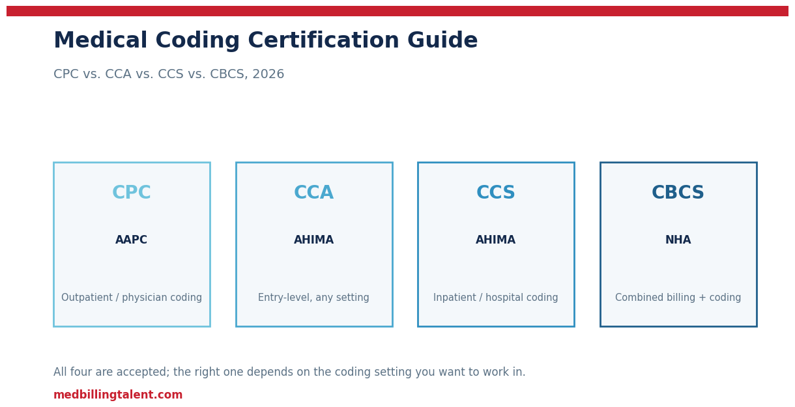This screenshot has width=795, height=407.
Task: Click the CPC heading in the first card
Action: [132, 193]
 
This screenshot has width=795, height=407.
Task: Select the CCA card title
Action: [313, 193]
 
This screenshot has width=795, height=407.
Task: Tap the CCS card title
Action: [495, 193]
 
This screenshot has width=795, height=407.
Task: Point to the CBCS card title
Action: [678, 193]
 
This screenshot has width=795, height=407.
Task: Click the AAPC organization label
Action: [131, 240]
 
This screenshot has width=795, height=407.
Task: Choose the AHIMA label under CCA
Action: [313, 240]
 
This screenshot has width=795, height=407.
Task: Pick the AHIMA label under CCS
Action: [495, 240]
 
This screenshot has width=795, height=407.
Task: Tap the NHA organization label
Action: [678, 240]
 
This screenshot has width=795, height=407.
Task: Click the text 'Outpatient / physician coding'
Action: [132, 298]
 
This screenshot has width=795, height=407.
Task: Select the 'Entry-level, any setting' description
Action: [313, 298]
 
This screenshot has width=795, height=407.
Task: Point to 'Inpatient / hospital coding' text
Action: [495, 298]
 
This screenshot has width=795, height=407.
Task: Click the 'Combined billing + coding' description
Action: [678, 298]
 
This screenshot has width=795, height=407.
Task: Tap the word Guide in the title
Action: [442, 40]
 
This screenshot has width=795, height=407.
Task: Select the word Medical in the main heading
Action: [100, 40]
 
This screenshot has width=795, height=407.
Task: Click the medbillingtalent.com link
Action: [118, 395]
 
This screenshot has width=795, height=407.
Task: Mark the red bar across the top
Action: [397, 11]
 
